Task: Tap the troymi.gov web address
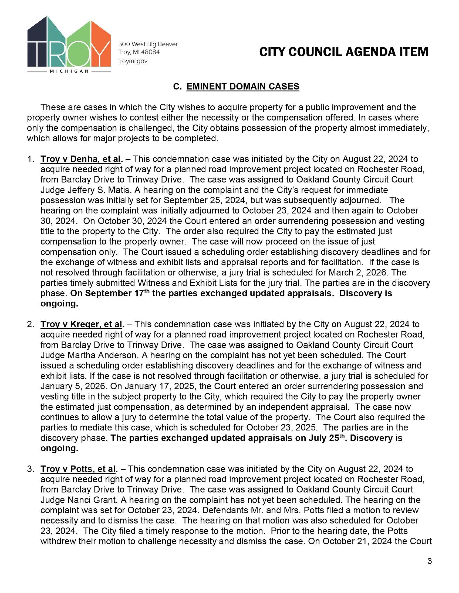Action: click(133, 61)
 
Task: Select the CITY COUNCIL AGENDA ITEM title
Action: click(344, 52)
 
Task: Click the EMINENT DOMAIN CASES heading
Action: click(242, 86)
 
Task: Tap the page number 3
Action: click(429, 561)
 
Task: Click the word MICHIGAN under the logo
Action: click(69, 71)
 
